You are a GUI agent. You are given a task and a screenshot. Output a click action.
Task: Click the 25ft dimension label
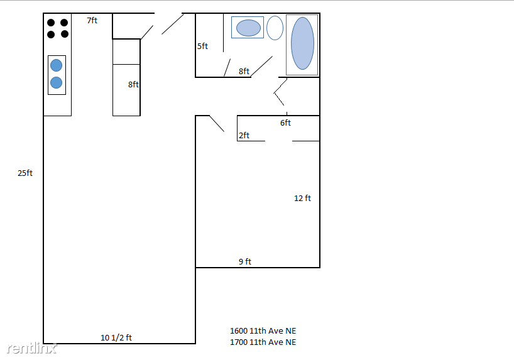(x=25, y=173)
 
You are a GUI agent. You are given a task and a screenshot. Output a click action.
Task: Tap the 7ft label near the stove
(x=92, y=21)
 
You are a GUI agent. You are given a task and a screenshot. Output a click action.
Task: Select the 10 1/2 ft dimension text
(x=116, y=338)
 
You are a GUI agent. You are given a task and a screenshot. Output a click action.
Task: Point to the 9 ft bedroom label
(x=244, y=262)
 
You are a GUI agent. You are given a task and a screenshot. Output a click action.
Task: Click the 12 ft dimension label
(x=302, y=199)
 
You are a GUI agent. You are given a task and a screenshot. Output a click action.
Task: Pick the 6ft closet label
(x=285, y=123)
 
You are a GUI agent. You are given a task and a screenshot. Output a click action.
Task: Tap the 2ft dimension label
(x=244, y=136)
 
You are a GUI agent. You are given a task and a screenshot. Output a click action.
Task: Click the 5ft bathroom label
(x=202, y=46)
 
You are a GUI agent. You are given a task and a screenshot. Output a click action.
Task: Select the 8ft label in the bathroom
(x=244, y=72)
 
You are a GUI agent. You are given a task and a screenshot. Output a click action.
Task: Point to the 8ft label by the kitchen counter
(x=133, y=84)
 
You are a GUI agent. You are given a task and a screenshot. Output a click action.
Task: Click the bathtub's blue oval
(x=302, y=43)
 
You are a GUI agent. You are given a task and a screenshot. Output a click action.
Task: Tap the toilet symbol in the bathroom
(x=275, y=28)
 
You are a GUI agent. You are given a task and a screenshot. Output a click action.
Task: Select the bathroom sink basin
(x=248, y=28)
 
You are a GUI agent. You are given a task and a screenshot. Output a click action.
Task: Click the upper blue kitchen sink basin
(x=57, y=65)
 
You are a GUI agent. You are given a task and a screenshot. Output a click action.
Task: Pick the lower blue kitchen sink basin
(x=57, y=82)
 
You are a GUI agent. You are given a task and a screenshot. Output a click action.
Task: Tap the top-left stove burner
(x=51, y=22)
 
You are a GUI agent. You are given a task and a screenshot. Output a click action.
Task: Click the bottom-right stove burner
(x=64, y=34)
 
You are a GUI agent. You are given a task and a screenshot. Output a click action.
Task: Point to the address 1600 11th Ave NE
(x=263, y=330)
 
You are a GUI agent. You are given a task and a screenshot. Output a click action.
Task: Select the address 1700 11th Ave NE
(x=263, y=342)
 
